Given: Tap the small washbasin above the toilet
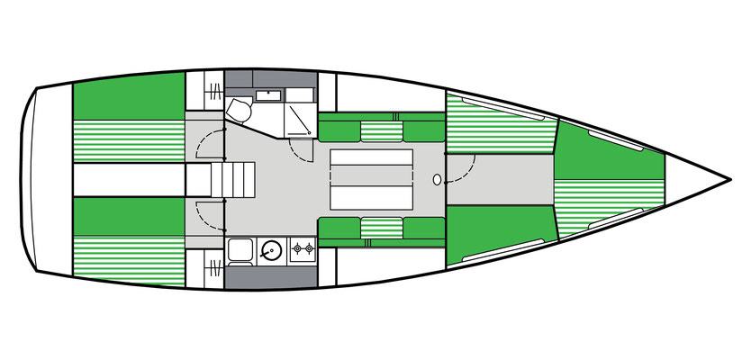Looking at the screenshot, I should tap(269, 94).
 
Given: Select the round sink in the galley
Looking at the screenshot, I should tap(271, 249).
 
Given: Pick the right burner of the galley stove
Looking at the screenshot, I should tap(308, 248).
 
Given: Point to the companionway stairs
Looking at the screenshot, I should tap(232, 180).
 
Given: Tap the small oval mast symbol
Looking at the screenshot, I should tap(438, 180).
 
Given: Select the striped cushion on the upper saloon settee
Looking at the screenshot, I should tap(383, 130).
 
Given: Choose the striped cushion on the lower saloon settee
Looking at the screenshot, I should tap(383, 229).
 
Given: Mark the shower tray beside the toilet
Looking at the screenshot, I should tap(298, 114).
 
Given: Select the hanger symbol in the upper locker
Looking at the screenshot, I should tap(214, 90).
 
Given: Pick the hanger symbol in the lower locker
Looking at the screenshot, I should tap(214, 267).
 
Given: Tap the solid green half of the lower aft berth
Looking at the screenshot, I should tap(128, 212).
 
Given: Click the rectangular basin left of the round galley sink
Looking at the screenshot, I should tap(240, 249).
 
